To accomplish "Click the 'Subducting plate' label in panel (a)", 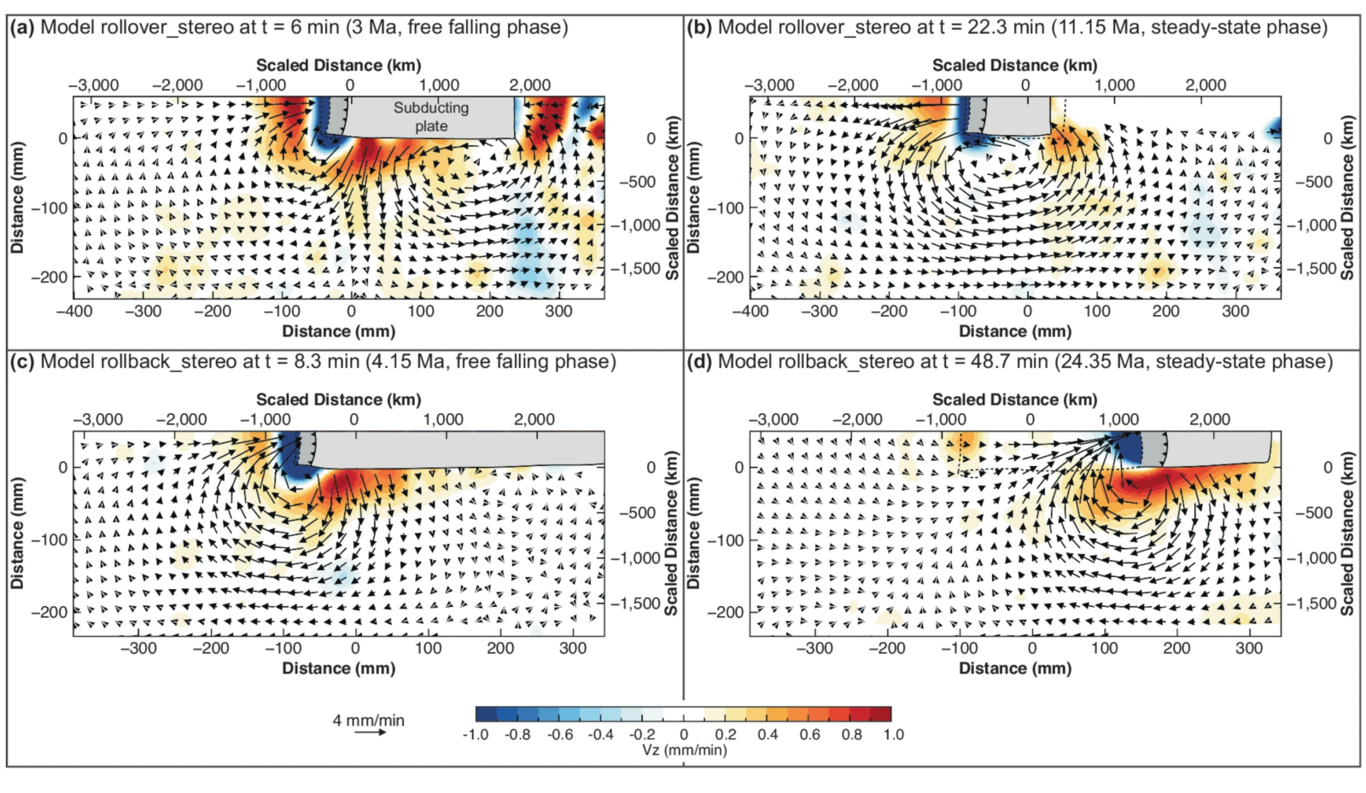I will (x=430, y=117).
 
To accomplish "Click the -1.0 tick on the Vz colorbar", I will (x=475, y=734).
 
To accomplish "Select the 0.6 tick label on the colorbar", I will (x=809, y=734).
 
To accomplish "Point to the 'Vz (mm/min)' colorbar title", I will (x=684, y=750).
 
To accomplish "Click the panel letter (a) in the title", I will (x=22, y=27).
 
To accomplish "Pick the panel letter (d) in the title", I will (x=699, y=362).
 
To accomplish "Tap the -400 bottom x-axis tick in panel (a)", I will (x=74, y=312).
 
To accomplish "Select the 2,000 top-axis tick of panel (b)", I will (x=1205, y=85).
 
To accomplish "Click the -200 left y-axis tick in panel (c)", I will (x=50, y=612).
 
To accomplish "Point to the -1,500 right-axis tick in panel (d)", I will (x=1315, y=603).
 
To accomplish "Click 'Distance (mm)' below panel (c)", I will (x=339, y=668).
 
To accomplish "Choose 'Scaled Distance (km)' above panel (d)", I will (x=1014, y=399).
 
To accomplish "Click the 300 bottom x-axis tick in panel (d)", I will (x=1249, y=649).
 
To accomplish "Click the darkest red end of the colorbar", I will (x=884, y=714).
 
